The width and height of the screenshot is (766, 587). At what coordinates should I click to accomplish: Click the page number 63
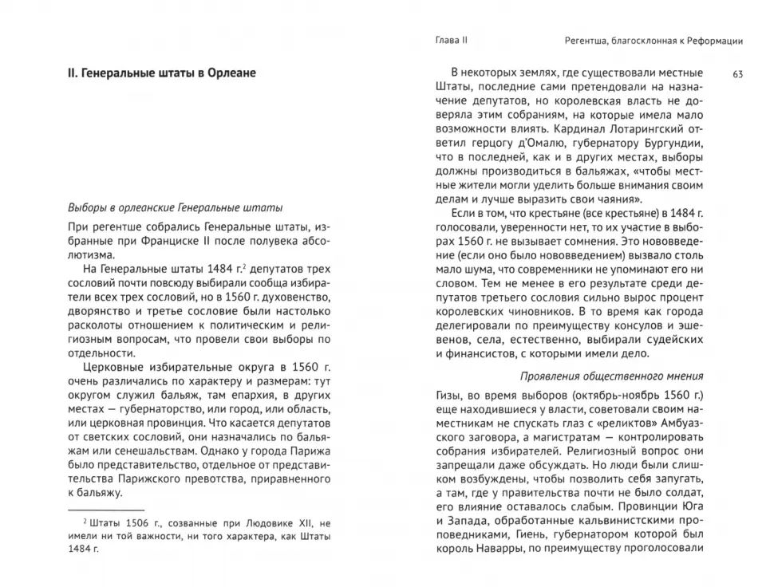click(737, 74)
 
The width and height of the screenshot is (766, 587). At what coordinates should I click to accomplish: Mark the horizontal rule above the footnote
click(106, 507)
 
